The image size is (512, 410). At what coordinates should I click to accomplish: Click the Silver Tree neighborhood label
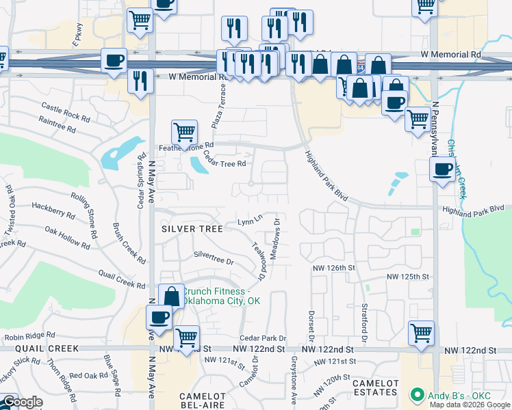(x=192, y=229)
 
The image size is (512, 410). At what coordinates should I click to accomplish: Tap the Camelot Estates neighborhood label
(x=375, y=387)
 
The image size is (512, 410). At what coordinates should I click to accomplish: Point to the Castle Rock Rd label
(x=66, y=111)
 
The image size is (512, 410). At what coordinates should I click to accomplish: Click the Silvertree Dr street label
(x=214, y=258)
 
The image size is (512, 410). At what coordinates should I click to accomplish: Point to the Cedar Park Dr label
(x=262, y=338)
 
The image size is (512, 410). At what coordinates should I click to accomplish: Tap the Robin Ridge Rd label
(x=29, y=336)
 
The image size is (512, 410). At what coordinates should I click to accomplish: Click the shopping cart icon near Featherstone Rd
(x=184, y=131)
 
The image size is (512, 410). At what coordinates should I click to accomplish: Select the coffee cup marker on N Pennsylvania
(x=443, y=169)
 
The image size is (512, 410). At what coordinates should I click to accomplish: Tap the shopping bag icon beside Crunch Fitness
(x=172, y=296)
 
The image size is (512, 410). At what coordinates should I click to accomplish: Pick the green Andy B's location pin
(x=415, y=395)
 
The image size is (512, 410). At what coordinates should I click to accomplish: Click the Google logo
(x=22, y=402)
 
